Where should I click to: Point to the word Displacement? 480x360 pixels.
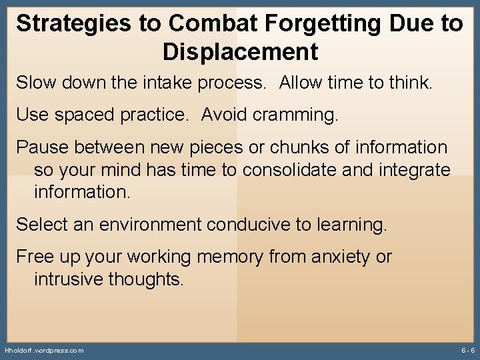240,51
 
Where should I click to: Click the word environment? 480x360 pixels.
151,225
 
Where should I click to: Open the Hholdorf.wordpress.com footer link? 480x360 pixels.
44,350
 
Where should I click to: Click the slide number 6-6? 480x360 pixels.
467,350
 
